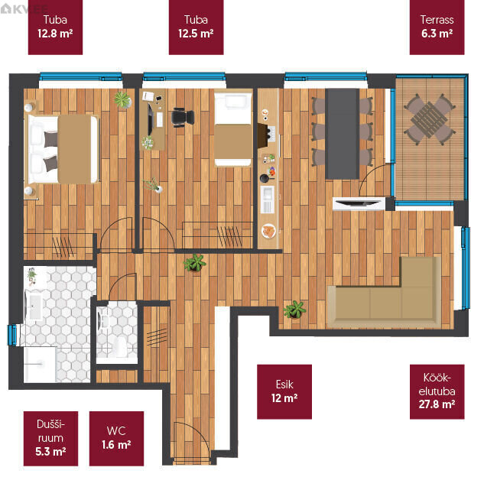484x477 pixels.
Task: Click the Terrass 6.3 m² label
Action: coord(437,28)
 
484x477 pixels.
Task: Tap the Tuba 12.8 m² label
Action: coord(55,28)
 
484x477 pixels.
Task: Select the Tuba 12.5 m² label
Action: coord(196,28)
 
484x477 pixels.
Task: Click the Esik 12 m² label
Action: coord(284,391)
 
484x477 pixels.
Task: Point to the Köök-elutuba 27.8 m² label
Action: coord(437,391)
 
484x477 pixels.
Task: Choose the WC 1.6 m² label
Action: coord(116,439)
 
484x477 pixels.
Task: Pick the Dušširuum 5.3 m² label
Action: coord(50,439)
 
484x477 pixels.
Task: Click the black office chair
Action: coord(183,117)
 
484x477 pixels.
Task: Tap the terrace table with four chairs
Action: coord(430,120)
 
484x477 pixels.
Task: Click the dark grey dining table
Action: coord(343,134)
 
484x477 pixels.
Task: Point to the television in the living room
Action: coord(358,203)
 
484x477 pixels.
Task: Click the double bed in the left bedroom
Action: coord(63,149)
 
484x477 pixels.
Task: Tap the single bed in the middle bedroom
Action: coord(233,129)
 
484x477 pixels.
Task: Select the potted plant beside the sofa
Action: coord(295,310)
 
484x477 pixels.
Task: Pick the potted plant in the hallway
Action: coord(194,263)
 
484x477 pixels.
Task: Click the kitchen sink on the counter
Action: coord(268,200)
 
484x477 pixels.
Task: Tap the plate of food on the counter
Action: coord(268,231)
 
